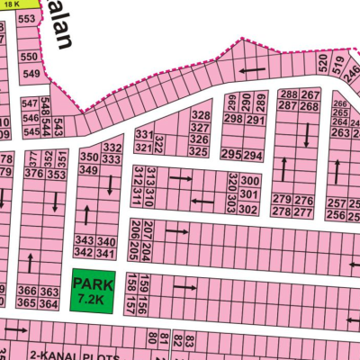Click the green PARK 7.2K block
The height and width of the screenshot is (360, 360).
coord(94,292)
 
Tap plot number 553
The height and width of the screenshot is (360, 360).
coord(29,18)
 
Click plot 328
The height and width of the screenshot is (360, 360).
coord(201,116)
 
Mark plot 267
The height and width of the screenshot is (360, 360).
coord(310,94)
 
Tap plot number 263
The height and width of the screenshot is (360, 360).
coord(339,132)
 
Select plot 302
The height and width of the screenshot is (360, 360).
coord(249,209)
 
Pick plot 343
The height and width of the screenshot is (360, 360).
coord(84,241)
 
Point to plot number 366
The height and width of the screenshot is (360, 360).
coord(27,292)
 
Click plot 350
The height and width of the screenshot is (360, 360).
coord(88,156)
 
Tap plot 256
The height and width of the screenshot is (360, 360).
coord(337,215)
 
